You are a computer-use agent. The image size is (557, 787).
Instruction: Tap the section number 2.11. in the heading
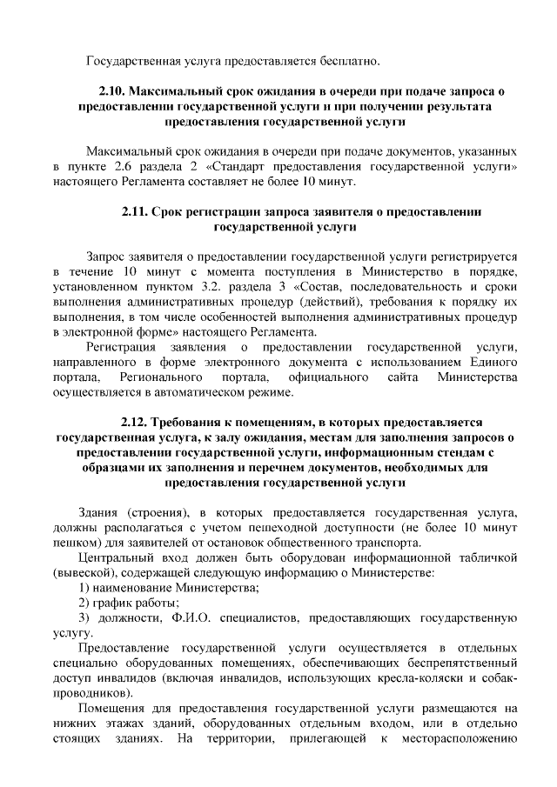tap(137, 211)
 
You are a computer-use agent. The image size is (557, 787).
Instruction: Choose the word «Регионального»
tap(162, 377)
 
